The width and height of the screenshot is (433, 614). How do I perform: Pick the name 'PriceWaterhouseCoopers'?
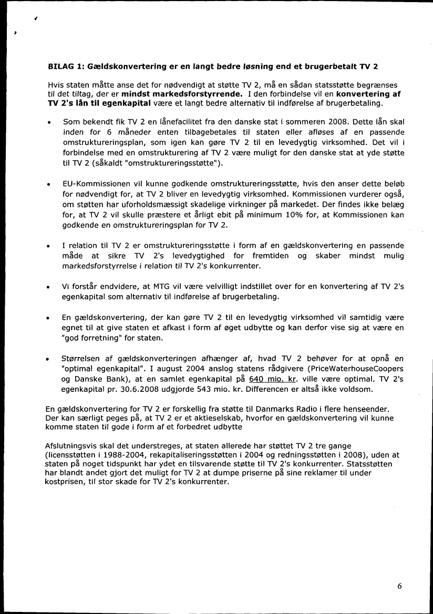tap(358, 369)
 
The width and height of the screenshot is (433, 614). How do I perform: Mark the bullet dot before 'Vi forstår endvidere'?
tap(48, 288)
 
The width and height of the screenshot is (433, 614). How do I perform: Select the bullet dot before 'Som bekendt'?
tap(48, 122)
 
